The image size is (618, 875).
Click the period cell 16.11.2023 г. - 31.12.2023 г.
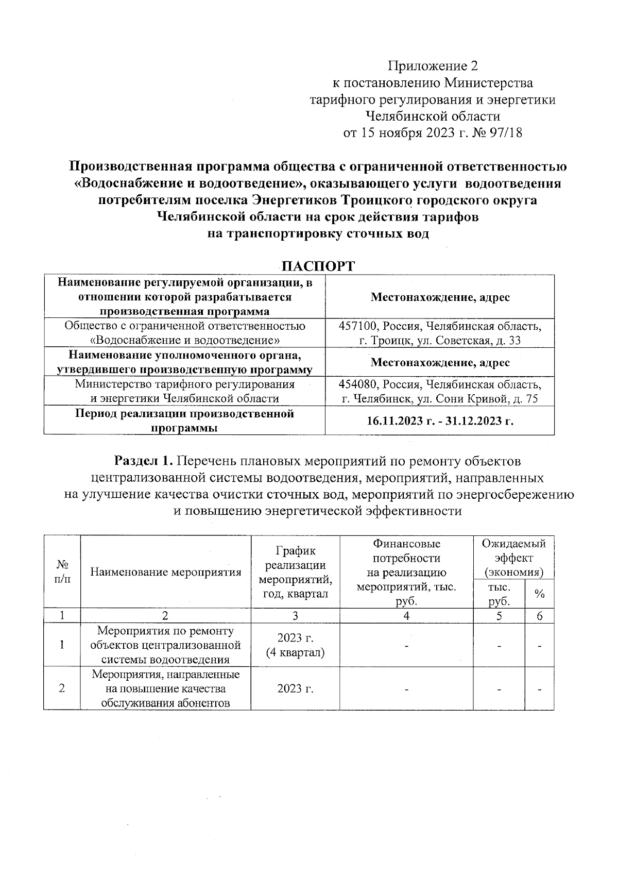[440, 421]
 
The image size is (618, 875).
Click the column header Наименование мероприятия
[166, 572]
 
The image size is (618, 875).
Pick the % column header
[539, 594]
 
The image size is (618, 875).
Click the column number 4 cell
[406, 616]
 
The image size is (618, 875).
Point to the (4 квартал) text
[295, 652]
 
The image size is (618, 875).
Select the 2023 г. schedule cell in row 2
[295, 689]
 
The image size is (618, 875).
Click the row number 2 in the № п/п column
[62, 689]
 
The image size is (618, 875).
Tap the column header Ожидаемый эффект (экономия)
[513, 558]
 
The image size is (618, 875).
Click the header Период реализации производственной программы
[184, 420]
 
